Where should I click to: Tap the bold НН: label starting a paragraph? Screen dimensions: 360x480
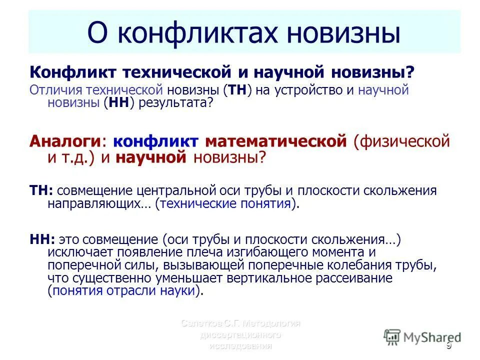[42, 239]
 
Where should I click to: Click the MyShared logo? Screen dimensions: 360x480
[422, 337]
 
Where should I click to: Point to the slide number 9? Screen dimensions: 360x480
[448, 345]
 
